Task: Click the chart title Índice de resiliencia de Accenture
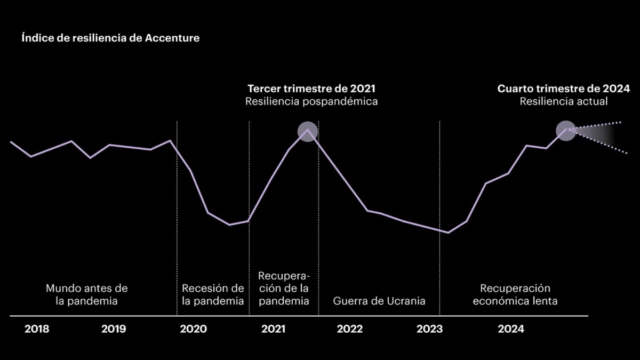click(x=111, y=38)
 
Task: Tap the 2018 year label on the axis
click(x=37, y=329)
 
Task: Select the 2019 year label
click(x=114, y=329)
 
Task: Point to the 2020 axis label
click(x=193, y=329)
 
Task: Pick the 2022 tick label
click(x=350, y=329)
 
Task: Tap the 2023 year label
click(x=429, y=329)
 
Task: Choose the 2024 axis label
click(x=511, y=329)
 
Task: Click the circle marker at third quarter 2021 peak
click(x=307, y=131)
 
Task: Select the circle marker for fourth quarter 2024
click(x=566, y=130)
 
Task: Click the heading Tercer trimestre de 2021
click(x=315, y=89)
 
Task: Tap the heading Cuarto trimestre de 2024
click(x=564, y=89)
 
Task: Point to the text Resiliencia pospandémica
click(x=311, y=101)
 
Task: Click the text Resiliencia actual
click(x=564, y=101)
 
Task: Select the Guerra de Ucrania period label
click(x=379, y=301)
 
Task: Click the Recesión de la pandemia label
click(x=213, y=294)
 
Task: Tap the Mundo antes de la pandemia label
click(x=86, y=294)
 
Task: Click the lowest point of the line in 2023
click(x=448, y=233)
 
